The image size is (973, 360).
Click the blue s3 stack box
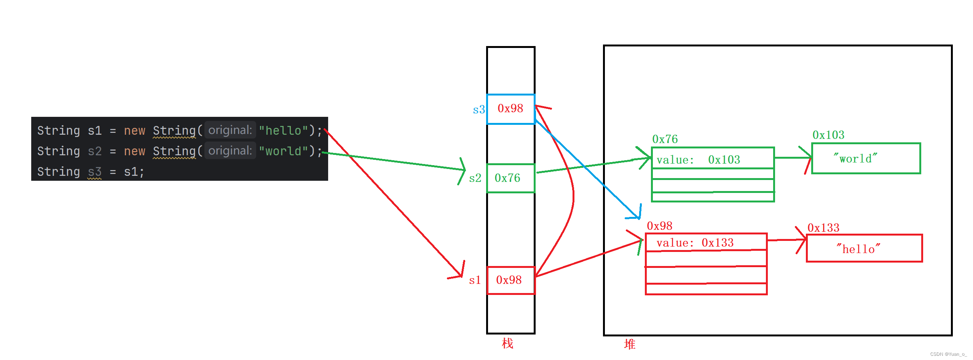510,109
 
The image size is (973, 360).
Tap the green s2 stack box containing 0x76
510,178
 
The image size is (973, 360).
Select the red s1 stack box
510,280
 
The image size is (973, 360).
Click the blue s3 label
479,110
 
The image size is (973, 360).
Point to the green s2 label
475,178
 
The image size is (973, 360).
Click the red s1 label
475,280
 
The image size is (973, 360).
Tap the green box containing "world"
866,158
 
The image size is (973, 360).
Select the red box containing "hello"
864,248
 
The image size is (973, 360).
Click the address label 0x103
828,135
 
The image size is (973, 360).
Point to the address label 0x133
823,228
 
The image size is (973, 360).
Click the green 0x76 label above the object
665,139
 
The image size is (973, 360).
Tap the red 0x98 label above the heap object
659,226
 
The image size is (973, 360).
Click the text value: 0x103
698,160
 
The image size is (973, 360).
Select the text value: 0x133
695,243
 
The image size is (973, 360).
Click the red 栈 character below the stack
507,344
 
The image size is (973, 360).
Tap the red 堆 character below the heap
630,344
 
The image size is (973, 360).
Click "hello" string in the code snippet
283,131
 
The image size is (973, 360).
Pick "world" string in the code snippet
283,151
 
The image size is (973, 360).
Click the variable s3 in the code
94,172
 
